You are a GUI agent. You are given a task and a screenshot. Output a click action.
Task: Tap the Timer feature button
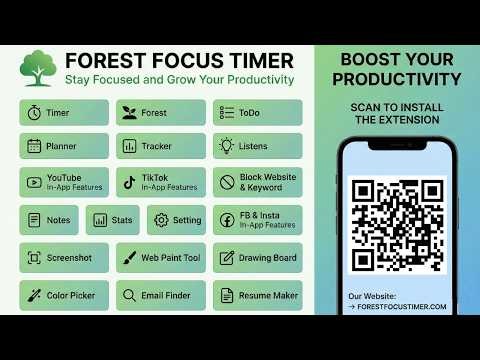pyautogui.click(x=63, y=113)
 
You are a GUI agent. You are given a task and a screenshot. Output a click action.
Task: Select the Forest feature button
pyautogui.click(x=160, y=113)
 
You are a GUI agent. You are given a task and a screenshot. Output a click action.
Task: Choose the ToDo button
pyautogui.click(x=258, y=113)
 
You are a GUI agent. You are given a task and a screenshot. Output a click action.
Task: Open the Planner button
pyautogui.click(x=63, y=146)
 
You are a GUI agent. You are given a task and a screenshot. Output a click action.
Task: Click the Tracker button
pyautogui.click(x=160, y=146)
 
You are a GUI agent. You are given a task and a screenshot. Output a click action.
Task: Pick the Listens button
pyautogui.click(x=258, y=146)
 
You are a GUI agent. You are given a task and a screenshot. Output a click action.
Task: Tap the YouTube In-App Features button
pyautogui.click(x=63, y=182)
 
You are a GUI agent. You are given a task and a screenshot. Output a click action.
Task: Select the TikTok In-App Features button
pyautogui.click(x=160, y=182)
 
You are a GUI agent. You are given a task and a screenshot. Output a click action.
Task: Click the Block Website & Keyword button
pyautogui.click(x=258, y=182)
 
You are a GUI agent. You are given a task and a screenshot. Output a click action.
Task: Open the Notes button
pyautogui.click(x=48, y=220)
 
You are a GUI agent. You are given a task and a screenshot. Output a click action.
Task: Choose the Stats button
pyautogui.click(x=112, y=220)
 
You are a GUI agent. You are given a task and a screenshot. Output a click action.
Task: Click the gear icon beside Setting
pyautogui.click(x=162, y=220)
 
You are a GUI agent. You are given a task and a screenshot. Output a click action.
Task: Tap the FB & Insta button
pyautogui.click(x=258, y=220)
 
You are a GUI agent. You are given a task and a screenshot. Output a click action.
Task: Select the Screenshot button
pyautogui.click(x=63, y=258)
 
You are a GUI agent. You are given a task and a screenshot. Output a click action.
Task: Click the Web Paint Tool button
pyautogui.click(x=160, y=258)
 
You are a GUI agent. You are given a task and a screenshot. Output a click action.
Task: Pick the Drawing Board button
pyautogui.click(x=258, y=258)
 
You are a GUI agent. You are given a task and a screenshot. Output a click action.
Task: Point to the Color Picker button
pyautogui.click(x=63, y=295)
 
